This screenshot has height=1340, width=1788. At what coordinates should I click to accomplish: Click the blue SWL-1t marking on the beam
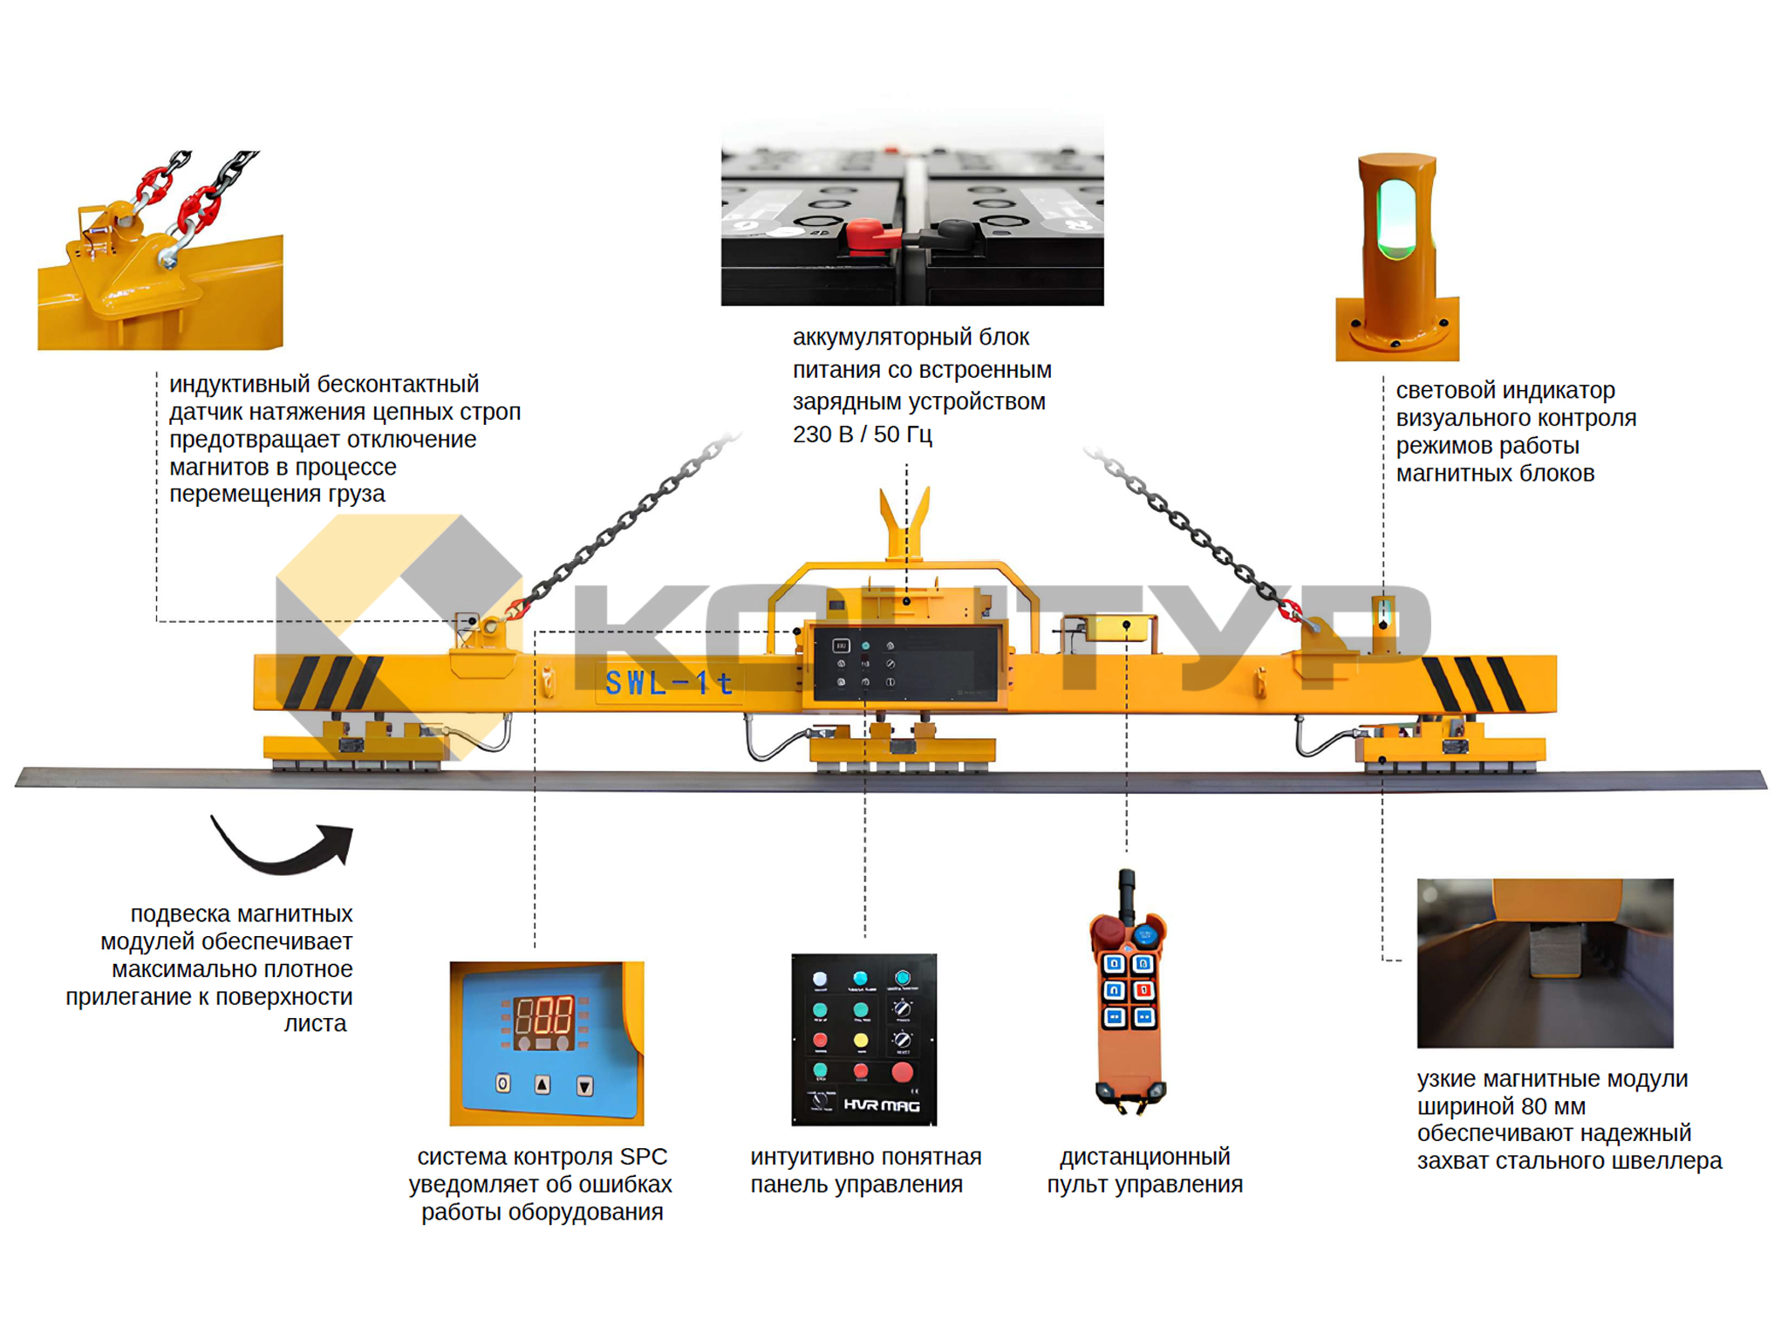point(668,683)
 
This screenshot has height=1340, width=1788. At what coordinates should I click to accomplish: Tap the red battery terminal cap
point(869,234)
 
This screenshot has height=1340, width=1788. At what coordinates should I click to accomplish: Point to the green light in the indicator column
point(1396,218)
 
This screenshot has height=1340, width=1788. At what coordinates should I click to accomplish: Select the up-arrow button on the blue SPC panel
point(543,1084)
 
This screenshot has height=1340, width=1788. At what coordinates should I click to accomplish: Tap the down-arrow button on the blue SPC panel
point(584,1086)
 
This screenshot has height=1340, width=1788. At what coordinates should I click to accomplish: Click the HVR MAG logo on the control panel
point(881,1105)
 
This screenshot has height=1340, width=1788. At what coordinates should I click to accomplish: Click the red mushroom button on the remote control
point(1109,930)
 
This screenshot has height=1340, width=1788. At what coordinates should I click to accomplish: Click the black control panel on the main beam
point(905,663)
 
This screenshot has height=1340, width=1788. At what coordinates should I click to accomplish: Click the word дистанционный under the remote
point(1144,1157)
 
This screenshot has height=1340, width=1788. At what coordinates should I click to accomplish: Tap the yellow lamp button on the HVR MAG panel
point(861,1040)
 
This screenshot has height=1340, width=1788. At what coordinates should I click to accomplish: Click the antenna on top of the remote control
point(1127,890)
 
